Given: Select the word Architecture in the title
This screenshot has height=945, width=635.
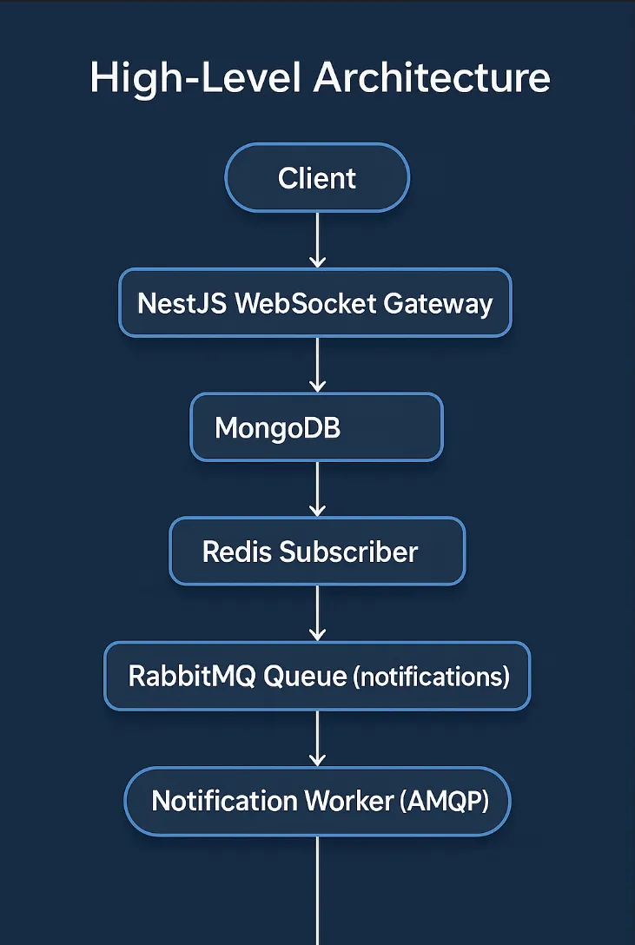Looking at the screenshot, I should [432, 78].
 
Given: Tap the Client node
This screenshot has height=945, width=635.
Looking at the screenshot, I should [317, 178].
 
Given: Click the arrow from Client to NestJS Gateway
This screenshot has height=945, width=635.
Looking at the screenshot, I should [317, 240].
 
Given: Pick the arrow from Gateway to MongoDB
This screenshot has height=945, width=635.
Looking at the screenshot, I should [317, 365].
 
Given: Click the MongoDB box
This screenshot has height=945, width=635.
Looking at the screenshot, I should [316, 427].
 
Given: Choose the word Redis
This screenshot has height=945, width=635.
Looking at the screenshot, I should [236, 552].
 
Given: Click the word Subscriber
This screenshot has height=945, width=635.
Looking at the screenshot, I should [348, 552].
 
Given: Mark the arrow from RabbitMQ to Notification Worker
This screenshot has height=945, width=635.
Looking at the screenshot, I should [317, 738].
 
